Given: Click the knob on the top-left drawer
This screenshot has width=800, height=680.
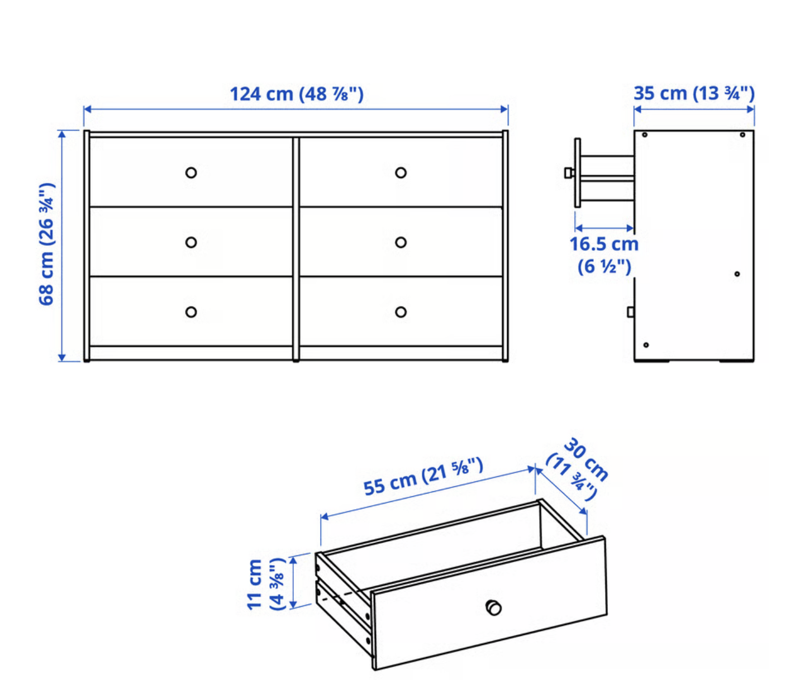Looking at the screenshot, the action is (x=191, y=173).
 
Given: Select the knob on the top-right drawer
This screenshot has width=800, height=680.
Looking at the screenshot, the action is (x=401, y=173).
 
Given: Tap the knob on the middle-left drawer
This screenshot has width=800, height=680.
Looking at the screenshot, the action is (x=191, y=242).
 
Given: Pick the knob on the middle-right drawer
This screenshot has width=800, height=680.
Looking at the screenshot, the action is (x=401, y=242).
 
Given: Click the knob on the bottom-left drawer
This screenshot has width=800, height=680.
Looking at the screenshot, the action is (x=191, y=312).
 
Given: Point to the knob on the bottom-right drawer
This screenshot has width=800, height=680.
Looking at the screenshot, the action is (x=401, y=312).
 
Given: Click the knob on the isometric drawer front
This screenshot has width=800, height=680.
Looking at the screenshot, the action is (x=493, y=607).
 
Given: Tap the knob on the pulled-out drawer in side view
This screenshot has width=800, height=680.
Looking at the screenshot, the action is (x=569, y=173).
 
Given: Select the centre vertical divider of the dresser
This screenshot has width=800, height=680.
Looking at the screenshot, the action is (x=296, y=249).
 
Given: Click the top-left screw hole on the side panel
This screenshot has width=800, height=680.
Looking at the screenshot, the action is (x=645, y=135).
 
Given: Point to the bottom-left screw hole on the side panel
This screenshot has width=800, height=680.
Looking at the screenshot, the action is (x=646, y=345).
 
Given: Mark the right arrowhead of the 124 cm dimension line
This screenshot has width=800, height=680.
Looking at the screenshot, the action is (x=504, y=109).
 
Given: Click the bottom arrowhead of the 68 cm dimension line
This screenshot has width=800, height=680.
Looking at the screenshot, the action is (x=62, y=358).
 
